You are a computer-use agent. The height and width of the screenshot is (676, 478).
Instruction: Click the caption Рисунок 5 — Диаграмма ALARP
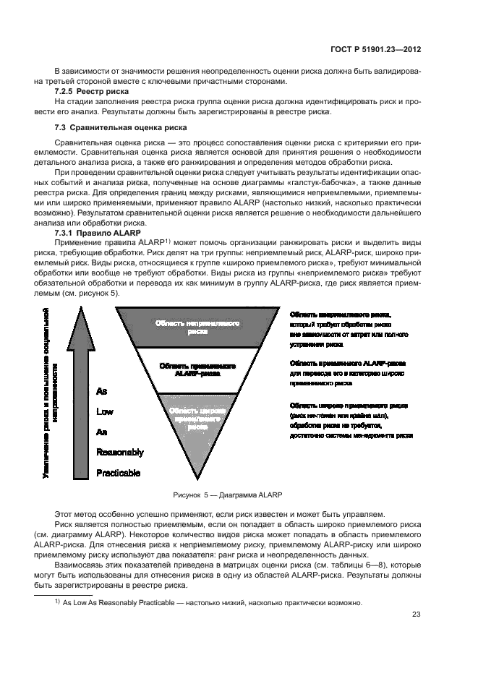pos(226,495)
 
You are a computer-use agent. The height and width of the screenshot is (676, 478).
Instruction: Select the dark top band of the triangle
pos(197,326)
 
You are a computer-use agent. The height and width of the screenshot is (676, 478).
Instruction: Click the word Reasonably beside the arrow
pos(120,453)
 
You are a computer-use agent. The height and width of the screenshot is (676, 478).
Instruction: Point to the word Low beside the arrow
pos(105,411)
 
